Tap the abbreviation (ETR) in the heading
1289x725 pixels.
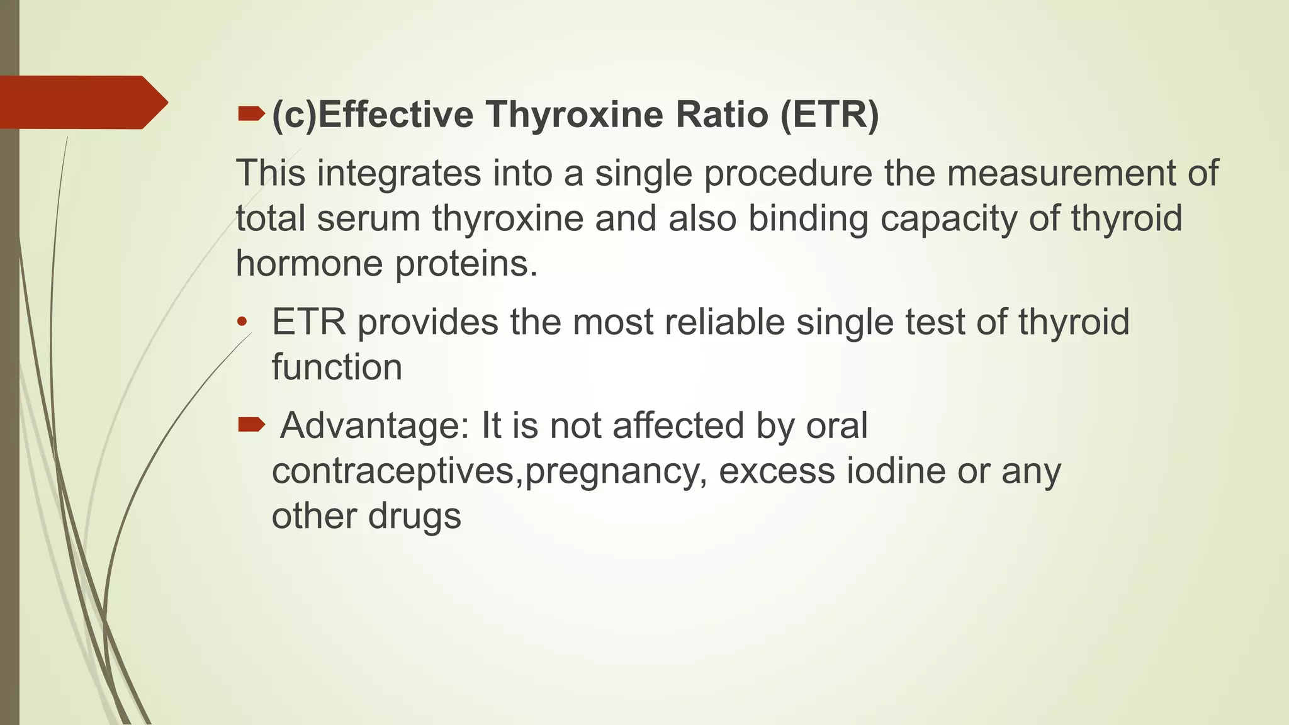tap(829, 115)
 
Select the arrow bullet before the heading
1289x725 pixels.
tap(251, 114)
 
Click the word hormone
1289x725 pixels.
tap(309, 263)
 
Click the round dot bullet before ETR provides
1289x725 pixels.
tap(242, 323)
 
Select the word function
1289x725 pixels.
tap(337, 367)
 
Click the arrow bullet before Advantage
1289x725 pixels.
tap(251, 425)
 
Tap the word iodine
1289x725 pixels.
tap(896, 471)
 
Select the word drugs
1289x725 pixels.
tap(414, 516)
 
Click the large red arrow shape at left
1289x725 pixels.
tap(82, 103)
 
